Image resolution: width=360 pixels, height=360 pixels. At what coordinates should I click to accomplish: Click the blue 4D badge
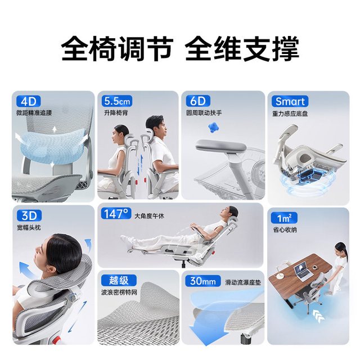(x=29, y=101)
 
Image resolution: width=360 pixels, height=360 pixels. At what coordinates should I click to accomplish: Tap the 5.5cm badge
(x=117, y=101)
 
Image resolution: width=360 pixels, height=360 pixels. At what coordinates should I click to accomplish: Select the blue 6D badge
(x=198, y=101)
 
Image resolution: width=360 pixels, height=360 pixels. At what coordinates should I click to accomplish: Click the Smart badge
(x=290, y=101)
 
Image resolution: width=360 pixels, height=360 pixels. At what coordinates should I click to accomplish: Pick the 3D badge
(x=29, y=215)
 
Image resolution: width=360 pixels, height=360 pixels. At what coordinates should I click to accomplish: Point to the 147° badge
(x=116, y=214)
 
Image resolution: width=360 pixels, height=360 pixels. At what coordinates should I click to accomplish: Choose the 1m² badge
(x=284, y=218)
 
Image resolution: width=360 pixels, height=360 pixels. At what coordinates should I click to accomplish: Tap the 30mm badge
(x=202, y=281)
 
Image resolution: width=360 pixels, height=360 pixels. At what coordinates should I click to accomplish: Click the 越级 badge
(x=119, y=280)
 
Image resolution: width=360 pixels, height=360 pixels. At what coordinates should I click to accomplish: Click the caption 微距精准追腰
(x=34, y=112)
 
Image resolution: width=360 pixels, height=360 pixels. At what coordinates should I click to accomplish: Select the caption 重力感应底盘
(x=290, y=114)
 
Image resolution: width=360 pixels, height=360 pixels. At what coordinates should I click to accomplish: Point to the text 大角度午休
(x=149, y=216)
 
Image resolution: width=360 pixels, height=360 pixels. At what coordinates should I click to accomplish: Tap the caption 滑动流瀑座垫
(x=243, y=282)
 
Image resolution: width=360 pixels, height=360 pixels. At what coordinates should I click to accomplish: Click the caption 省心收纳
(x=285, y=229)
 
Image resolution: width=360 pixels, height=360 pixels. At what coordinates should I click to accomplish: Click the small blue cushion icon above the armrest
(x=213, y=128)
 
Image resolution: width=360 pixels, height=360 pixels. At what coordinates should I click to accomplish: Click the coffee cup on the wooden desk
(x=314, y=267)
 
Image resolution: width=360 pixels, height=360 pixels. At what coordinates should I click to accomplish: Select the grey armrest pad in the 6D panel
(x=221, y=146)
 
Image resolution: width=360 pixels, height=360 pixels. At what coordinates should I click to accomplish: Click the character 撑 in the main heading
(x=285, y=48)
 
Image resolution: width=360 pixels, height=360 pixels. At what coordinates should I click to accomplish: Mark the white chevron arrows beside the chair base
(x=318, y=316)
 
